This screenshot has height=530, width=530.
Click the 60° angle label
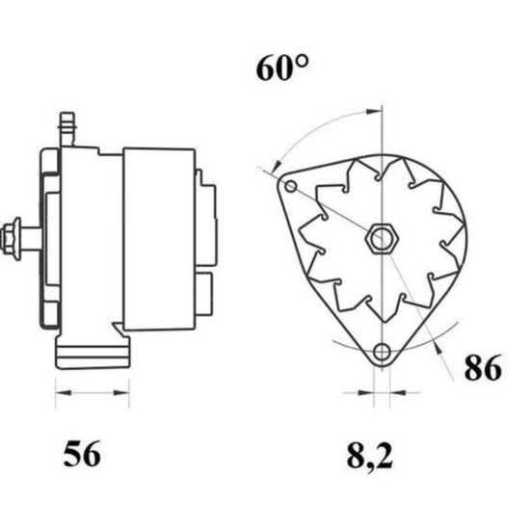click(282, 68)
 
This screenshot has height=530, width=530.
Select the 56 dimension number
click(82, 454)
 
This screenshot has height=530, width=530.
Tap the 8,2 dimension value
click(370, 457)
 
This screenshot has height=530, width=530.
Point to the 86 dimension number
click(483, 368)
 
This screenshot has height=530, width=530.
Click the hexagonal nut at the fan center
click(382, 238)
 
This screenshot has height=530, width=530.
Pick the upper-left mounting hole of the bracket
click(291, 186)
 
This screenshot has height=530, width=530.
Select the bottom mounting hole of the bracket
click(383, 352)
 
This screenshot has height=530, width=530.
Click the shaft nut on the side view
click(11, 239)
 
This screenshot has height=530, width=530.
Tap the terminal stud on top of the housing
click(66, 129)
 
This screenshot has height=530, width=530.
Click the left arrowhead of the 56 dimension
click(64, 393)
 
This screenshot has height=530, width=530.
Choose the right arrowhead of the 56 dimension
click(121, 393)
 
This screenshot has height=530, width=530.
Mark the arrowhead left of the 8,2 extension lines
click(366, 393)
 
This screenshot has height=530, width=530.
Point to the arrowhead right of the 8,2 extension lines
click(398, 393)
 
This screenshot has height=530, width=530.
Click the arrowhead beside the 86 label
click(438, 349)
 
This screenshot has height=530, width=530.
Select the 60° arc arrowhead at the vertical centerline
click(374, 111)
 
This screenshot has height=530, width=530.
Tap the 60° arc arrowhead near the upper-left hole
click(277, 166)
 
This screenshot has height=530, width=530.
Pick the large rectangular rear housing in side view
click(159, 239)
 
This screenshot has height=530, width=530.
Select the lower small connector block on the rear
click(204, 293)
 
